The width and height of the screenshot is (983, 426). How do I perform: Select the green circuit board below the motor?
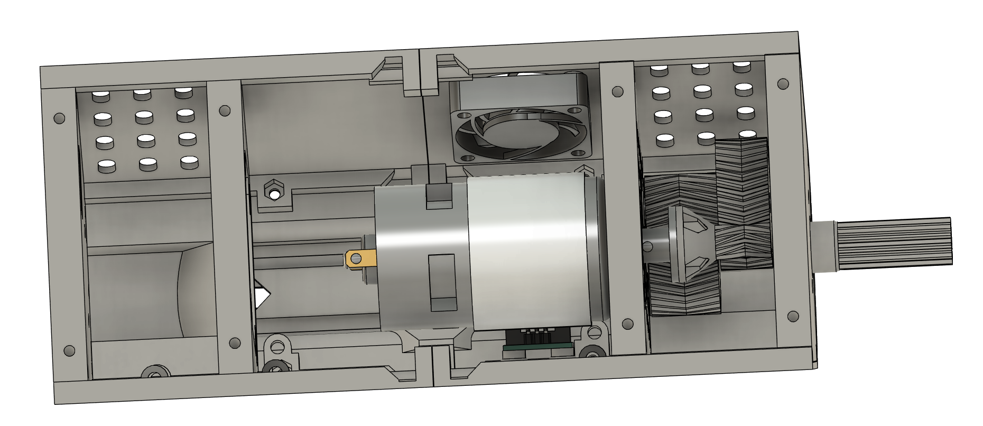[x=538, y=347]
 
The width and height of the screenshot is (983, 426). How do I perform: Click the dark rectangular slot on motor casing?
[x=442, y=282]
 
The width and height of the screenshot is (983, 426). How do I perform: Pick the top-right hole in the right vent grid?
[x=741, y=67]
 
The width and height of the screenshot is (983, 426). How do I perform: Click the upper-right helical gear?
[x=740, y=180]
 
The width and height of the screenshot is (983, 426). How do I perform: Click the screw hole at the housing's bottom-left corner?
[x=69, y=350]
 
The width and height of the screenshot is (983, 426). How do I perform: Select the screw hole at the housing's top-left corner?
[x=59, y=118]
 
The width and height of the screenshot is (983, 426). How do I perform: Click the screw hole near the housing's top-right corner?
[x=783, y=84]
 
